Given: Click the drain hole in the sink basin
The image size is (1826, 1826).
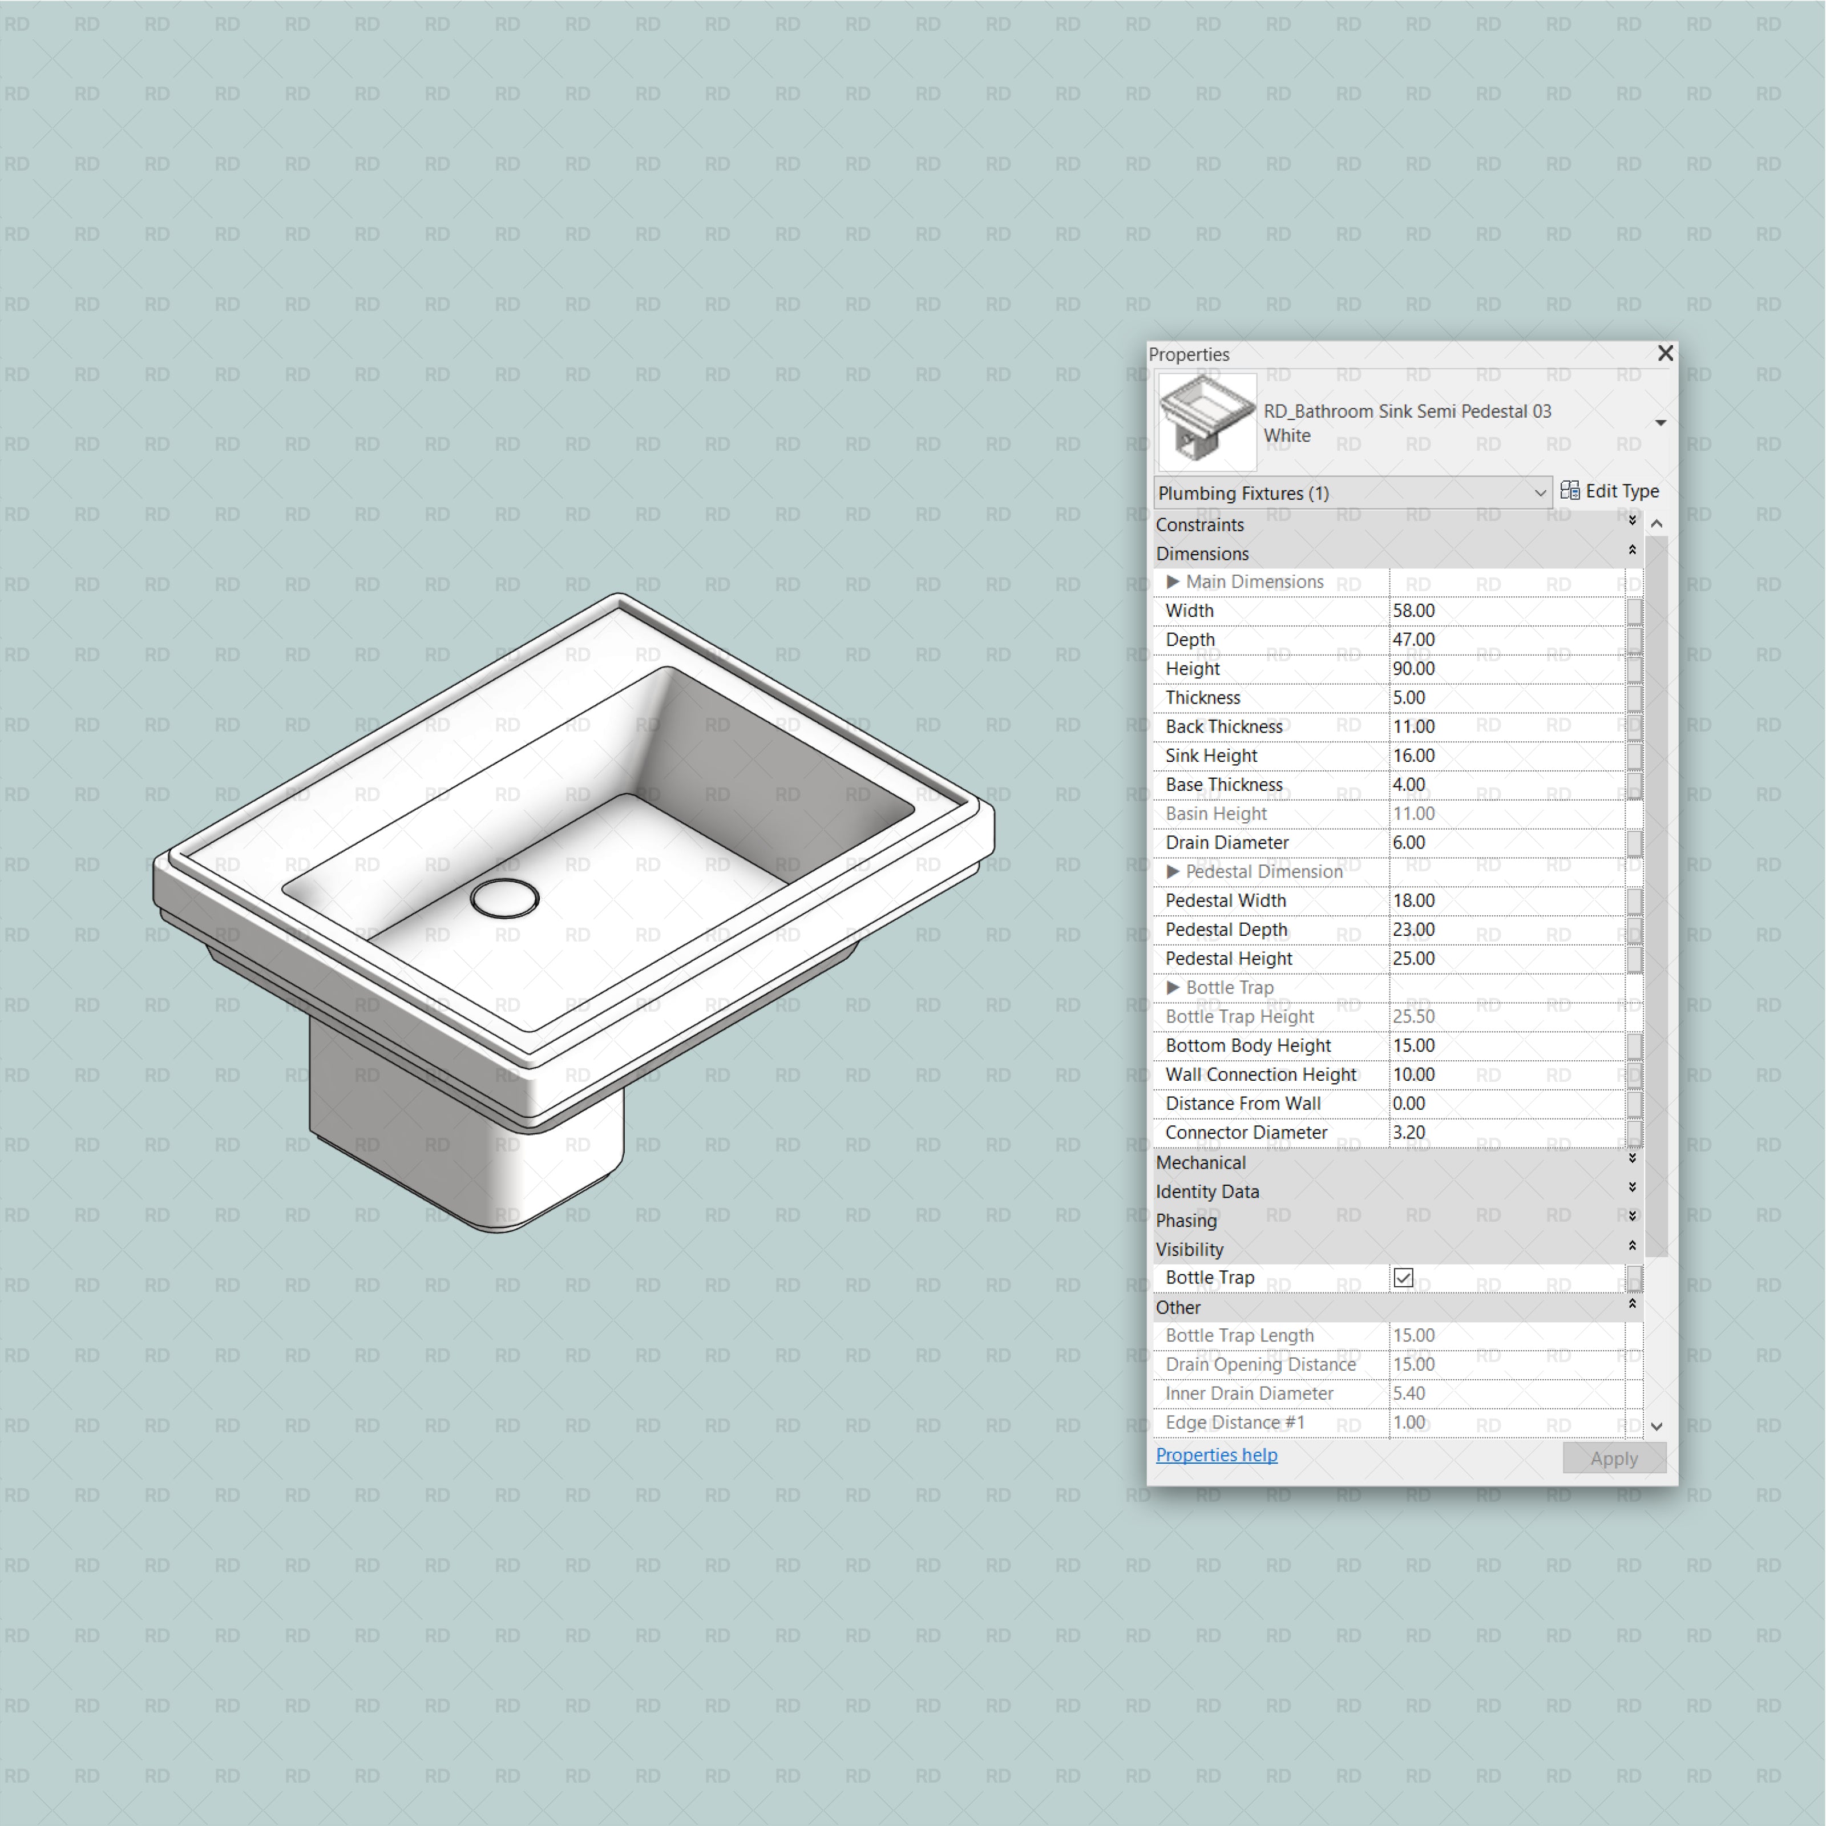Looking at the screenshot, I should click(504, 898).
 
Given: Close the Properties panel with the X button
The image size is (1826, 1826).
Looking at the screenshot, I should click(1665, 353).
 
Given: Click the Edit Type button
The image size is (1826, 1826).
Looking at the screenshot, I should click(1610, 491).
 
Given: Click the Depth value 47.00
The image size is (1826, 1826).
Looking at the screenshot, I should click(1414, 640).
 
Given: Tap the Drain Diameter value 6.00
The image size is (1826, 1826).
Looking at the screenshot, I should click(1409, 843).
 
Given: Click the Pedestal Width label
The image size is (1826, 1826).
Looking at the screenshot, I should click(1226, 900).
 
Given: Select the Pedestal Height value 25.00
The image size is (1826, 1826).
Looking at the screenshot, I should click(1414, 959).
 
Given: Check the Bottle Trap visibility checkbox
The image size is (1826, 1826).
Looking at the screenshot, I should click(1404, 1278).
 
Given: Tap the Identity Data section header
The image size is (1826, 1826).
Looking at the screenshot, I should click(1208, 1192).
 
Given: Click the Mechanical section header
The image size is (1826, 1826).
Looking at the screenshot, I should click(1201, 1162).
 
